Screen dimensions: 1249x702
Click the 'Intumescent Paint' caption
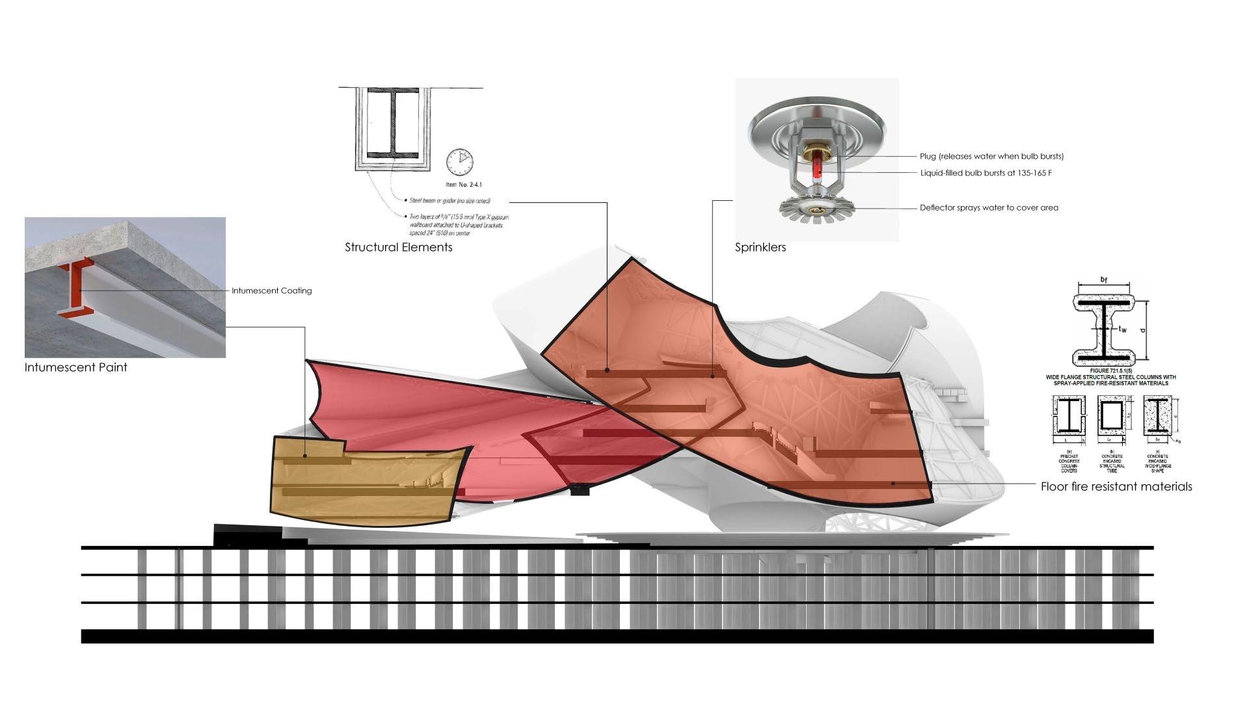[75, 367]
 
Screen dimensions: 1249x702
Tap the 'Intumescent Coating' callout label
[271, 291]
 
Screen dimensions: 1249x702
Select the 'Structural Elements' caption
[398, 247]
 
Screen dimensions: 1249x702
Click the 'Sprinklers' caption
[760, 247]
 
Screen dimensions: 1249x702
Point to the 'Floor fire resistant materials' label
[1116, 486]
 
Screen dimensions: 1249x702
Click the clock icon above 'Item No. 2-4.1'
[460, 162]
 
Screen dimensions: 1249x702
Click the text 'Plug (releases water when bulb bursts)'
[991, 156]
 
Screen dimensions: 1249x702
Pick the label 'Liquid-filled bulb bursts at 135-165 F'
[986, 173]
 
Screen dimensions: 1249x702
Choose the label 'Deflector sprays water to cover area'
[989, 208]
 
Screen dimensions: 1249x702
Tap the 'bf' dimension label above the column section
[1104, 279]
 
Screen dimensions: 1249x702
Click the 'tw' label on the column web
[1122, 330]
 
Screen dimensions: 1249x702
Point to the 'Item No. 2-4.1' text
[459, 185]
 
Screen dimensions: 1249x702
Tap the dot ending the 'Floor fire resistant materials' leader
[893, 484]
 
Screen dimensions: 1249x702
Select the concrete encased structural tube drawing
[1112, 416]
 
